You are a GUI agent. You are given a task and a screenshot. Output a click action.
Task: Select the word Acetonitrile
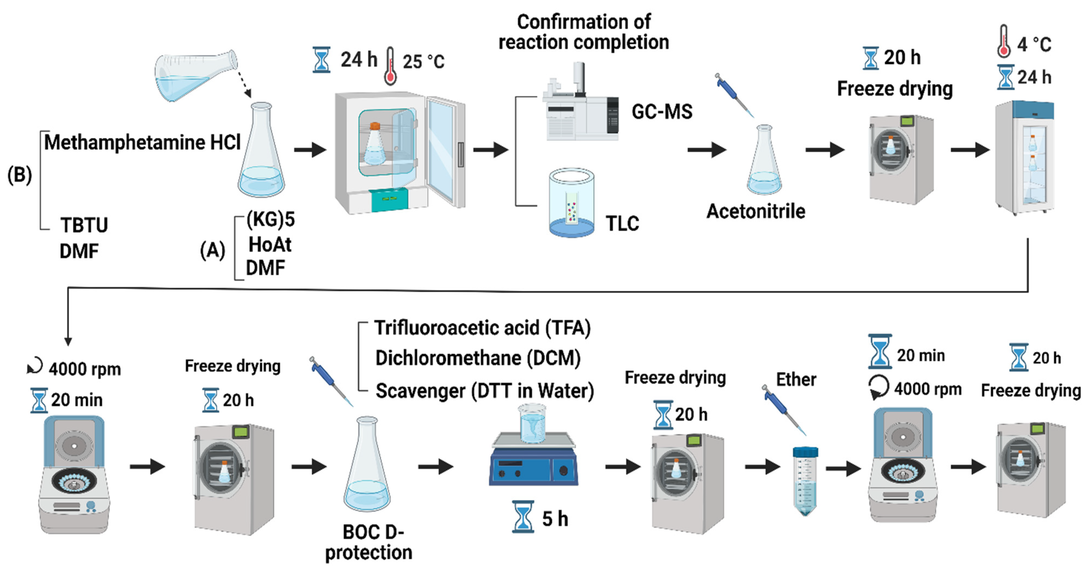[756, 211]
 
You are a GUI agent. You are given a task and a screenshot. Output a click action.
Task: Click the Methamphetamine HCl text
[142, 142]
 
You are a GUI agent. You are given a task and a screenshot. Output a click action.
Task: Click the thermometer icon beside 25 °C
[390, 66]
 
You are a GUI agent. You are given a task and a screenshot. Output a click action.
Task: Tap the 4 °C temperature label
[1034, 44]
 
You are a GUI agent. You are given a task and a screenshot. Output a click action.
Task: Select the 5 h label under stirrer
[555, 519]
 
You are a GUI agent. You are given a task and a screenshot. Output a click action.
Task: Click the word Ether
[796, 380]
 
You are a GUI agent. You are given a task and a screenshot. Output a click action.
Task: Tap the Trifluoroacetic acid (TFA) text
[482, 328]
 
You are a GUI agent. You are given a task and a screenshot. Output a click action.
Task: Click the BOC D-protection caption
[369, 542]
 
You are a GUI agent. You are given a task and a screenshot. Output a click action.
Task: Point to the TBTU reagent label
[84, 225]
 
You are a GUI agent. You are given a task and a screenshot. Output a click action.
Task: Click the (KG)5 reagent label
[271, 219]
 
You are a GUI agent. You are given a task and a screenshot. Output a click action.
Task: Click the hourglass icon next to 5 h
[523, 517]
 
